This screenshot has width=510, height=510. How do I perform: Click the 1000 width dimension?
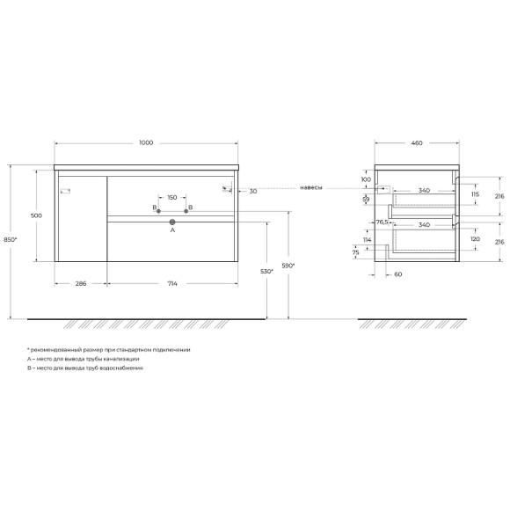click(x=147, y=143)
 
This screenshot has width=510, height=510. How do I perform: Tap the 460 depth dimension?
click(x=417, y=143)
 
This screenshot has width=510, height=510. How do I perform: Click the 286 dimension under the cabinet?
click(x=80, y=285)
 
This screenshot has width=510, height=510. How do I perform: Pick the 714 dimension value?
click(x=172, y=285)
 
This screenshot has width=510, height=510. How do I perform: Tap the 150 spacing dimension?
click(x=171, y=198)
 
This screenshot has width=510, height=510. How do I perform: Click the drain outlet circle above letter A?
click(x=172, y=222)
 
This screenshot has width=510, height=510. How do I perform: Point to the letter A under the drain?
click(x=172, y=231)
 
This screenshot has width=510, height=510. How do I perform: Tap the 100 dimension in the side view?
click(x=365, y=180)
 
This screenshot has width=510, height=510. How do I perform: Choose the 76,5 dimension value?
click(x=382, y=222)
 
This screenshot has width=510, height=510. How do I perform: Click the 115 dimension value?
click(x=475, y=194)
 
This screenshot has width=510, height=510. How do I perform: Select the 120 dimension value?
click(x=475, y=238)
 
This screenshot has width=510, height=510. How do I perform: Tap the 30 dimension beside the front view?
click(x=252, y=190)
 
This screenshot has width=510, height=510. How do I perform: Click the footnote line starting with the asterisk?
click(x=108, y=350)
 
